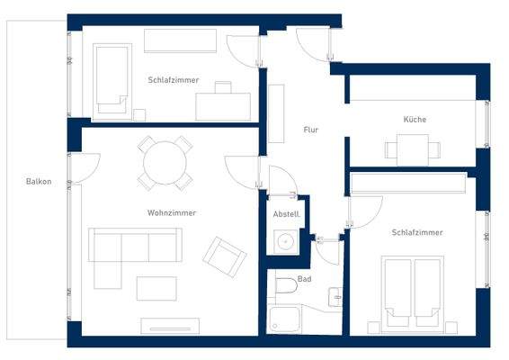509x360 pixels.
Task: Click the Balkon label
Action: [39, 182]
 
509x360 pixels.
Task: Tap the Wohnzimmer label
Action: [172, 212]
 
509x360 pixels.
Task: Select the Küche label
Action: [415, 120]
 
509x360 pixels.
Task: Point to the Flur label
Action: [311, 130]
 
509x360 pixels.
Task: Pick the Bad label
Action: [304, 280]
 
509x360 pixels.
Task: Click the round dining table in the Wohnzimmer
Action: [165, 164]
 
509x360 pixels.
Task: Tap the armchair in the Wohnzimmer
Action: [224, 256]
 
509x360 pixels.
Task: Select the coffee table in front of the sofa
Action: [156, 287]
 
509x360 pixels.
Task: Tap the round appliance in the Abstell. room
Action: [286, 241]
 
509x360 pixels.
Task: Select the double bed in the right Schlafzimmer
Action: [413, 292]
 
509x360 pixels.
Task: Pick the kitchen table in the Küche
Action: [413, 147]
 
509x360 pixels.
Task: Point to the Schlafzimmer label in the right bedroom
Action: [416, 232]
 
